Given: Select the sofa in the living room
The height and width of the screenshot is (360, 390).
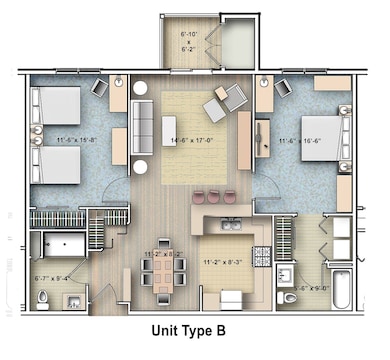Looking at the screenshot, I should coord(141,126).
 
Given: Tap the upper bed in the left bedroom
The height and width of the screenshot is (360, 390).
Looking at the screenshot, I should coord(58,105).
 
